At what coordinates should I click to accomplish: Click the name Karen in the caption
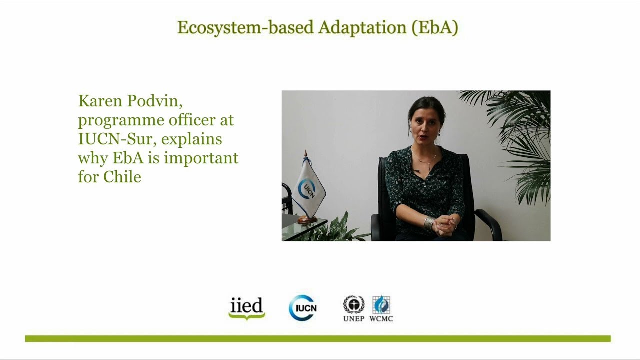[x=100, y=101]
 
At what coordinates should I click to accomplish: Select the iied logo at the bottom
[x=246, y=308]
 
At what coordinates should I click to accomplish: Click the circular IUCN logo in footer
[x=302, y=308]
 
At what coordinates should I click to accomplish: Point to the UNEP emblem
[x=353, y=305]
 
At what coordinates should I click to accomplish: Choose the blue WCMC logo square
[x=381, y=304]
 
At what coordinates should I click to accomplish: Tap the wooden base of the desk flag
[x=307, y=219]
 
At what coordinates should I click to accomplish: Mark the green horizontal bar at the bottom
[x=318, y=339]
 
